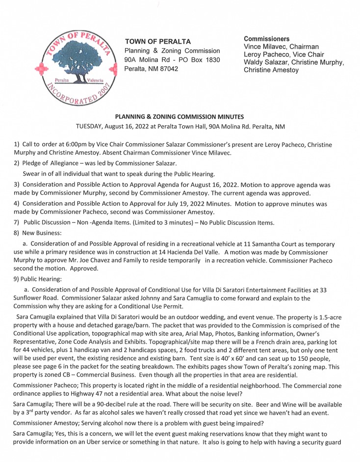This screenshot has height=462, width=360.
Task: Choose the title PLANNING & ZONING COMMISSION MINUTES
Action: click(179, 116)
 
